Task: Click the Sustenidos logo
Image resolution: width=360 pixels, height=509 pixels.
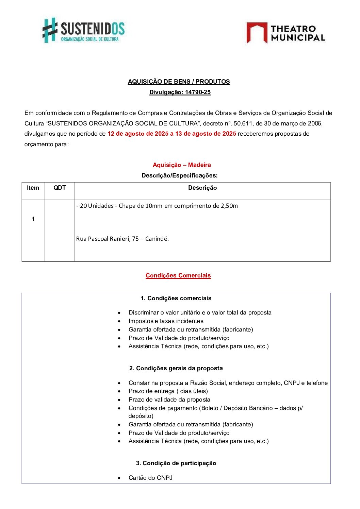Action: pos(83,30)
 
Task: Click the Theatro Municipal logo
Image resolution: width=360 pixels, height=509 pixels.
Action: pos(285,33)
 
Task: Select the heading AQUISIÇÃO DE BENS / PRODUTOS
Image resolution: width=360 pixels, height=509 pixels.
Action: pos(179,82)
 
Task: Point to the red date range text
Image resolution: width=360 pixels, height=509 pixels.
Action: pos(171,134)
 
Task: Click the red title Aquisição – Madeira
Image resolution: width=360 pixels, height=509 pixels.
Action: pos(182,165)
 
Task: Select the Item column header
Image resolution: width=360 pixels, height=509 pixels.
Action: pos(33,188)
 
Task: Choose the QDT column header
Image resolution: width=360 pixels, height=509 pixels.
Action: pos(60,188)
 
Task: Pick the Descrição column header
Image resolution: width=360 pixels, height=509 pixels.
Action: pos(202,188)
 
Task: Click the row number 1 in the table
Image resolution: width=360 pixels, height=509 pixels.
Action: pos(33,219)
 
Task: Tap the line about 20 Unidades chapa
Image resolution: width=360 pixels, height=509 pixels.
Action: pos(157,206)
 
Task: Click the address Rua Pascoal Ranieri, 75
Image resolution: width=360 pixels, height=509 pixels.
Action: pos(122,239)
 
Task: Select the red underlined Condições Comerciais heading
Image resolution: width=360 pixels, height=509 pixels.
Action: pos(178,275)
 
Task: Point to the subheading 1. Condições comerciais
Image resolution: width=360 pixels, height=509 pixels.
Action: pos(176,298)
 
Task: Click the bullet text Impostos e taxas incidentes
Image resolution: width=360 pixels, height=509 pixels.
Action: pos(166,321)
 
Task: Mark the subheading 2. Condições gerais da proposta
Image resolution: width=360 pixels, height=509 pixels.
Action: pos(176,368)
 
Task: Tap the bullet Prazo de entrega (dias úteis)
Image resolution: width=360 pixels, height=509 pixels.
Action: pos(168,391)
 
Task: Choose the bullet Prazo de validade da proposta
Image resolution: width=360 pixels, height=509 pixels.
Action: pos(169,400)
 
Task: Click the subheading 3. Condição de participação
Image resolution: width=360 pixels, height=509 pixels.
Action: pos(176,463)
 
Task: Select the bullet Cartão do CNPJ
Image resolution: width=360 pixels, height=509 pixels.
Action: pos(150,478)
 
